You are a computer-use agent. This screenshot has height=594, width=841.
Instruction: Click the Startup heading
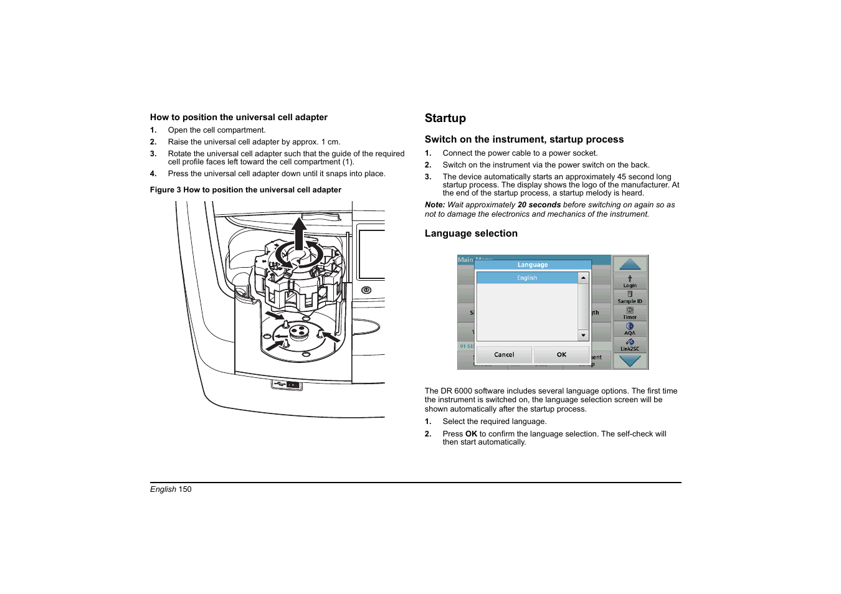coord(445,118)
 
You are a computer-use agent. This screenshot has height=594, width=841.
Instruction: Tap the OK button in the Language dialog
coord(561,355)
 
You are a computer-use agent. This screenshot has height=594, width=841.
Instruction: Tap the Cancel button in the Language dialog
coord(504,355)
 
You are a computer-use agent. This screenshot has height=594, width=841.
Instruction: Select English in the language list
coord(527,278)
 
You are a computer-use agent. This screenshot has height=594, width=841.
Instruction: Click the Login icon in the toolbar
coord(630,281)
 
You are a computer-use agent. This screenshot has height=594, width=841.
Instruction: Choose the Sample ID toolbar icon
coord(630,297)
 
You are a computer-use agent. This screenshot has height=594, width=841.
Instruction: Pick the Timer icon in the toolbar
coord(630,313)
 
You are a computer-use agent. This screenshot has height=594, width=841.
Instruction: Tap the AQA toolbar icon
coord(630,329)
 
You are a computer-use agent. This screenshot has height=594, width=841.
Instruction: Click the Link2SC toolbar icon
coord(630,344)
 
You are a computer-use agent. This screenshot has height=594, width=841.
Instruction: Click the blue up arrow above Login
coord(630,265)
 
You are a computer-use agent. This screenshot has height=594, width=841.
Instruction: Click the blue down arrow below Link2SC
coord(630,361)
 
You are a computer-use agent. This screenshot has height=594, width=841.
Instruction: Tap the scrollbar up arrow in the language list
coord(583,278)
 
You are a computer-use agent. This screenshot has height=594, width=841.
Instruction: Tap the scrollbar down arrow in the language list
coord(583,335)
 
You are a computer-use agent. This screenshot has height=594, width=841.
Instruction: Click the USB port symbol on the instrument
coord(279,385)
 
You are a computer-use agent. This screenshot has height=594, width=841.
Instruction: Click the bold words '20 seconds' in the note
coord(539,205)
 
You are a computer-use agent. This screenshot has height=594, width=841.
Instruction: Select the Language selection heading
coord(471,233)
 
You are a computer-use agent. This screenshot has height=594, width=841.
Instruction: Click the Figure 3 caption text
coord(245,190)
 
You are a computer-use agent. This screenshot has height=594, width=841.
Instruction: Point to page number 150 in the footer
coord(185,489)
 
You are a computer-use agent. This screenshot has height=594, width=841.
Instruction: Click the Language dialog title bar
coord(533,265)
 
